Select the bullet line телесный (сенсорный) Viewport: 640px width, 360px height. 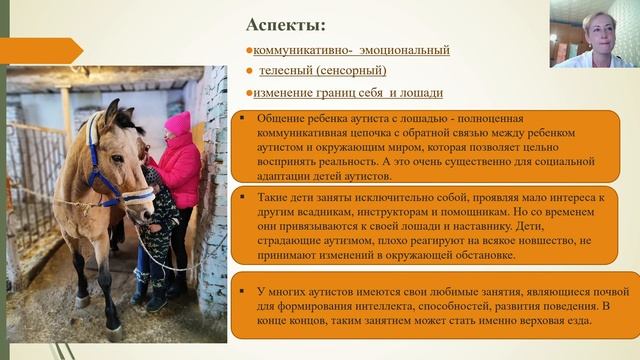click(x=322, y=71)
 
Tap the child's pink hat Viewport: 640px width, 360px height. click(x=177, y=122)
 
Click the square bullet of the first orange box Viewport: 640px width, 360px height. click(x=246, y=117)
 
